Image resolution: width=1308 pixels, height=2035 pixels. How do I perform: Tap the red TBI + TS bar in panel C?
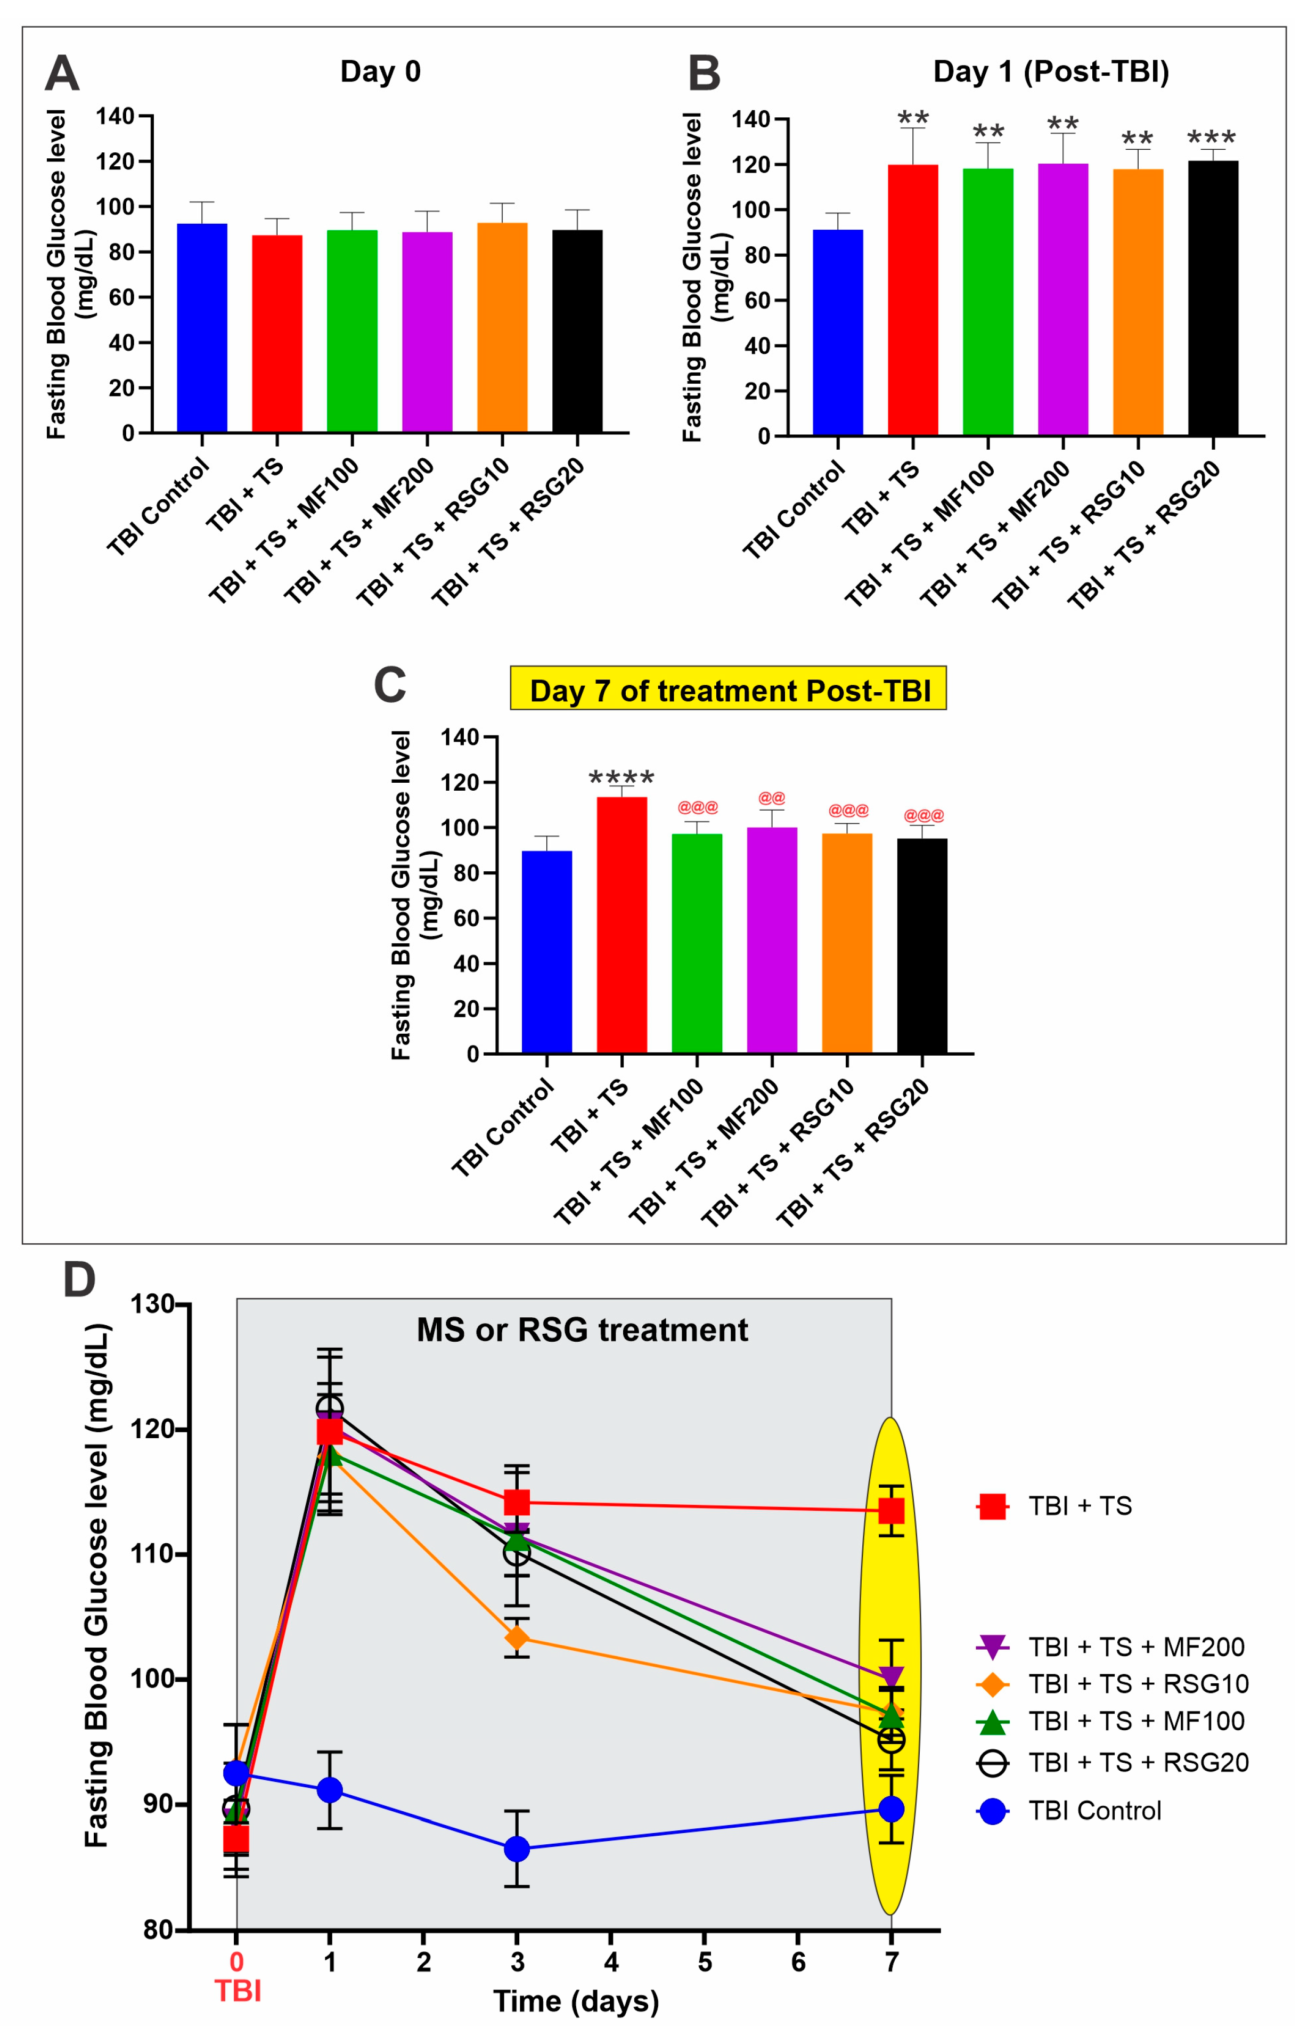click(x=622, y=925)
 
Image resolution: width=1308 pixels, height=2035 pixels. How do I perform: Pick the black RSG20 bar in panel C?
click(x=921, y=946)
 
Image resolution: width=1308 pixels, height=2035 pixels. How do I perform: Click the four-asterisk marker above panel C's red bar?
click(x=622, y=776)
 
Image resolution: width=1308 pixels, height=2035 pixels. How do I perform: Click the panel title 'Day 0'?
click(x=380, y=71)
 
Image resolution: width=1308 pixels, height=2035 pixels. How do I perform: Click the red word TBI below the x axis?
click(x=238, y=1990)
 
